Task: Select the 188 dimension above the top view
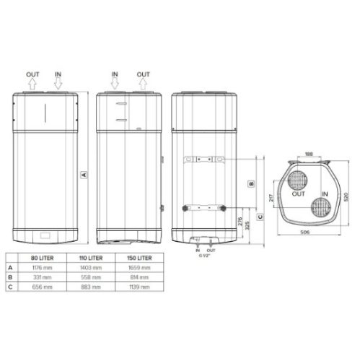pos(308,154)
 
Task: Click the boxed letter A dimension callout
pos(84,174)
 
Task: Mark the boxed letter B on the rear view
pos(250,183)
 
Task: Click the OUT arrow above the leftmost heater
pos(32,83)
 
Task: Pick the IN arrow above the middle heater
pos(115,83)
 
